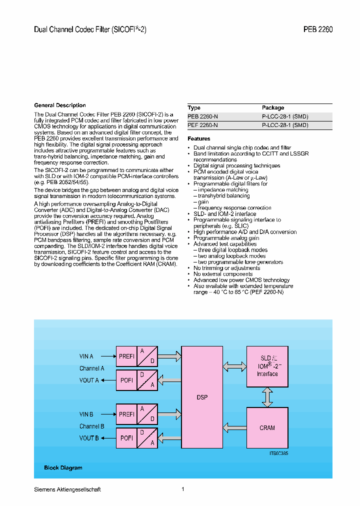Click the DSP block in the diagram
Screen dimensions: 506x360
(x=202, y=397)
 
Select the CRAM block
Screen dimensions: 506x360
(x=267, y=428)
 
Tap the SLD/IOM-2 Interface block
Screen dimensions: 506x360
(x=267, y=366)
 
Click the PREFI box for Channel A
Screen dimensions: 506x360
(x=126, y=356)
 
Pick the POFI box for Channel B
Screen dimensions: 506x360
(x=126, y=438)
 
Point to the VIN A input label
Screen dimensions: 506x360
(x=86, y=356)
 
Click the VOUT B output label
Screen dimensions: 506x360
(x=88, y=438)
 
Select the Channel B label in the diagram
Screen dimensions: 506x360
(x=92, y=426)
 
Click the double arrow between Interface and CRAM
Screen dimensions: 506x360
(x=267, y=397)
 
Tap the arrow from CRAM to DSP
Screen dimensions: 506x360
(x=234, y=427)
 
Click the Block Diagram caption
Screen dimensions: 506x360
(x=63, y=468)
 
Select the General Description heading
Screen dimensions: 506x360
(x=60, y=105)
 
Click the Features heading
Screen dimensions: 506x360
(x=199, y=138)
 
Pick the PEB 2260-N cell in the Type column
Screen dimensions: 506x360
(x=202, y=116)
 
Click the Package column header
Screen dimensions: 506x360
(x=273, y=107)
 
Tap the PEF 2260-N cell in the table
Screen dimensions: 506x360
(x=202, y=125)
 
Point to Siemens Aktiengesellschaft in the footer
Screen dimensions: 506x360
(x=67, y=489)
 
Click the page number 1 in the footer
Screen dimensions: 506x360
(x=183, y=489)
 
